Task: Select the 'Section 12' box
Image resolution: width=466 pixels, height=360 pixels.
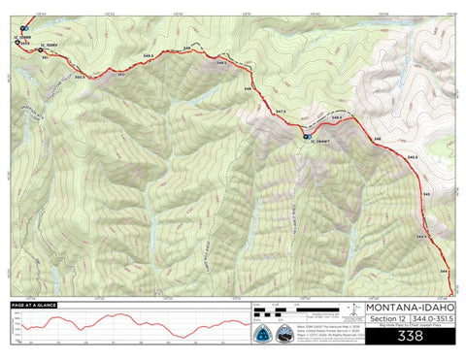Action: (387, 318)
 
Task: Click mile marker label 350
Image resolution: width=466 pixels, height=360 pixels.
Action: (121, 74)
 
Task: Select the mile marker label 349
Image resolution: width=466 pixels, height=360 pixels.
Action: (186, 48)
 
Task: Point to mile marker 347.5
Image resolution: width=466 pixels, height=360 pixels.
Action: (280, 112)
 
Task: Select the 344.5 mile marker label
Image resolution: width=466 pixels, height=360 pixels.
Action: (421, 236)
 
